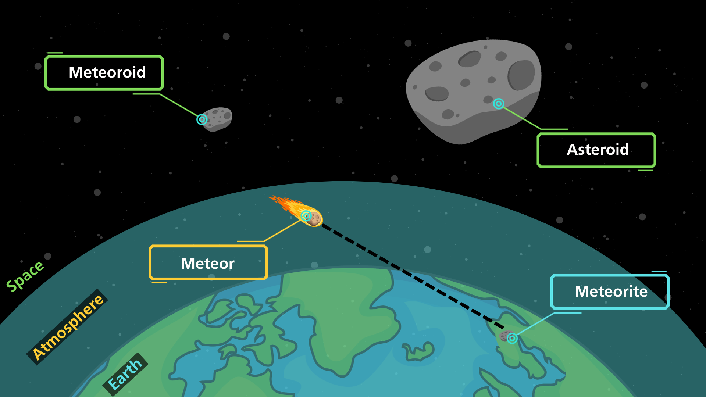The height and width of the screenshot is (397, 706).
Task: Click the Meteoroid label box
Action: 104,73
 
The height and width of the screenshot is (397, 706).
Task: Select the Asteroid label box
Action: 596,150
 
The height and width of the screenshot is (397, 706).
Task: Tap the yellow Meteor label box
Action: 208,263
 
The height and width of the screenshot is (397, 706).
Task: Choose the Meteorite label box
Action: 610,292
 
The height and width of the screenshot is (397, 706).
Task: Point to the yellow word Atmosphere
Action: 68,327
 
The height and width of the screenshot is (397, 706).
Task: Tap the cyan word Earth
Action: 125,374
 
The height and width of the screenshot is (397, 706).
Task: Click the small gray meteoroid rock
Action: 216,119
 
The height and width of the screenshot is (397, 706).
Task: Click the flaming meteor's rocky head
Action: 314,218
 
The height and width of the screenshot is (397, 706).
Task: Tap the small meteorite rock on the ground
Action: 506,336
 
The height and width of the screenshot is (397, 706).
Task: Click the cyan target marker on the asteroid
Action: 499,104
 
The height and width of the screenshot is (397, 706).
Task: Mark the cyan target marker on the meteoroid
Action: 202,119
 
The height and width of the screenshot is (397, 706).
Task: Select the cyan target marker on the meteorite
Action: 512,338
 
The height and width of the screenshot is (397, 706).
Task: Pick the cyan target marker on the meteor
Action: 306,216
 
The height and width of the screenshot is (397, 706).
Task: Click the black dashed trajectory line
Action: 413,276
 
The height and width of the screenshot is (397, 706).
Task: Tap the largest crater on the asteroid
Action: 521,75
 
